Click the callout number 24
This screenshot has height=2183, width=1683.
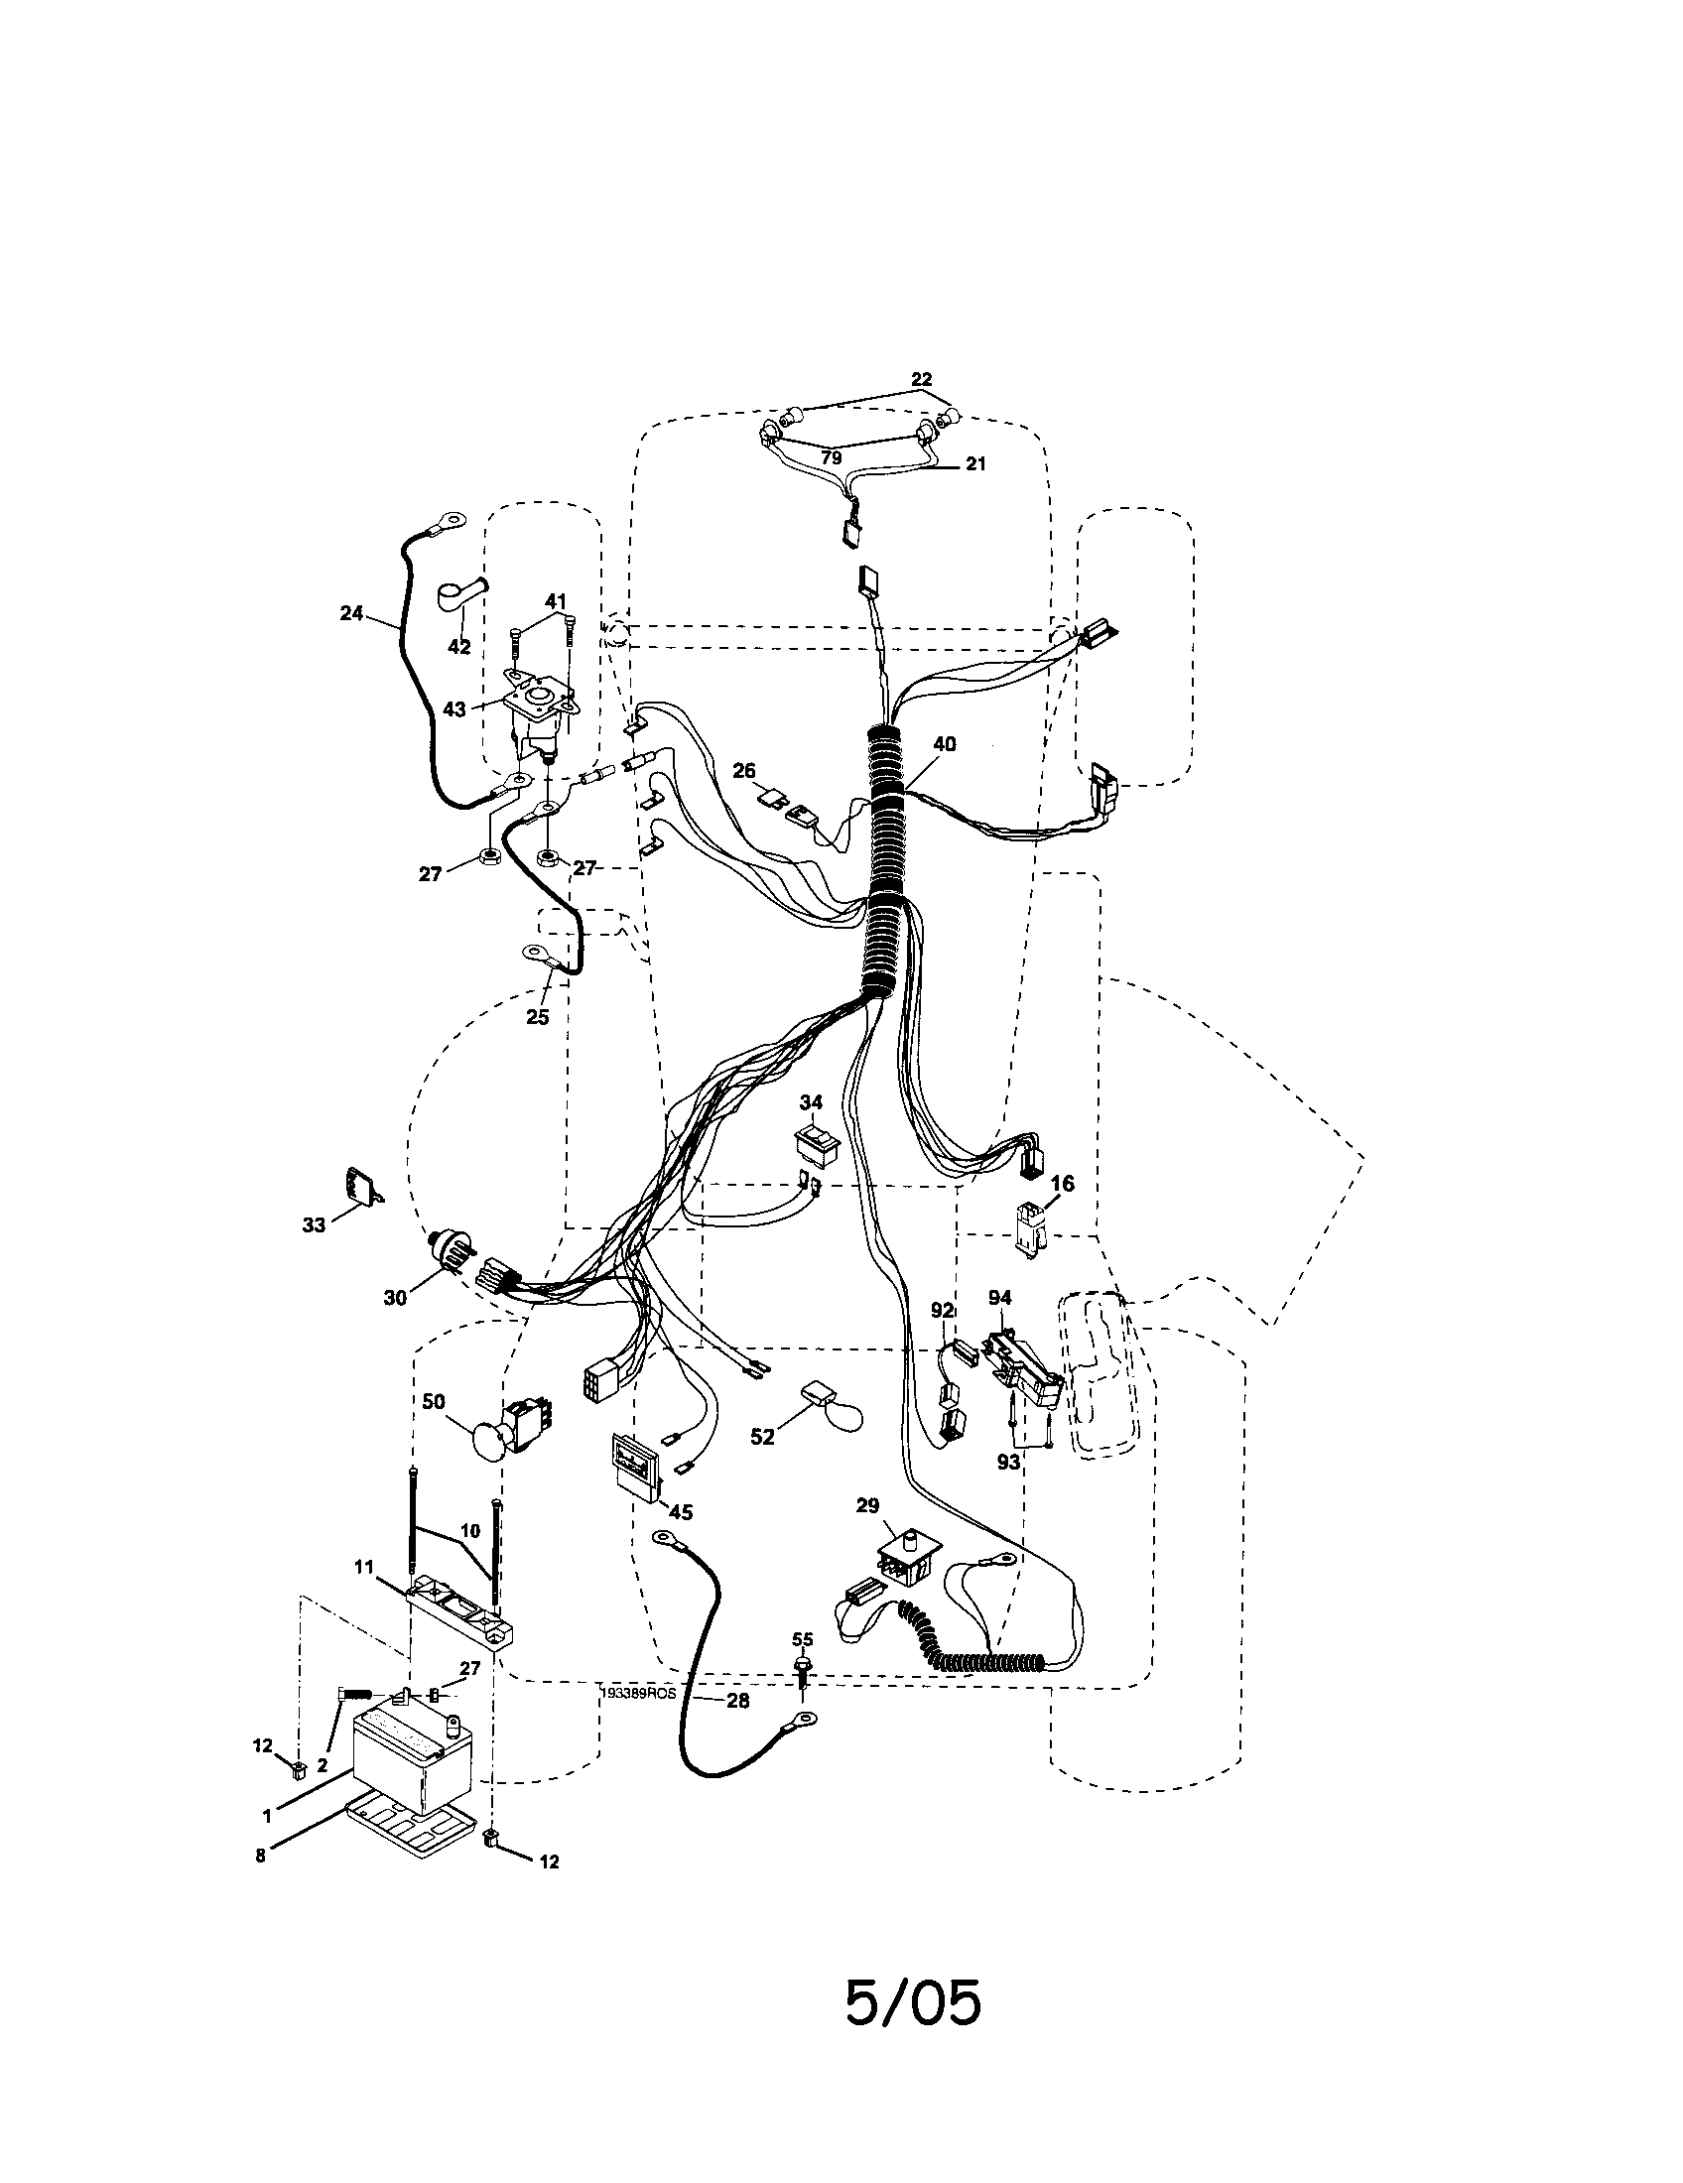click(351, 612)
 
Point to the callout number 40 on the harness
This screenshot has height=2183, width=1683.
click(944, 743)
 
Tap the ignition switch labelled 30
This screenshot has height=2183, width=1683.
click(448, 1249)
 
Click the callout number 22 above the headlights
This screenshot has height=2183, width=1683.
click(921, 379)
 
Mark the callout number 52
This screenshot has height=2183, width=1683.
click(762, 1437)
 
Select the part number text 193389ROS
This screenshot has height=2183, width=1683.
click(639, 1693)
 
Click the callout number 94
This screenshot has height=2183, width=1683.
click(999, 1299)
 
